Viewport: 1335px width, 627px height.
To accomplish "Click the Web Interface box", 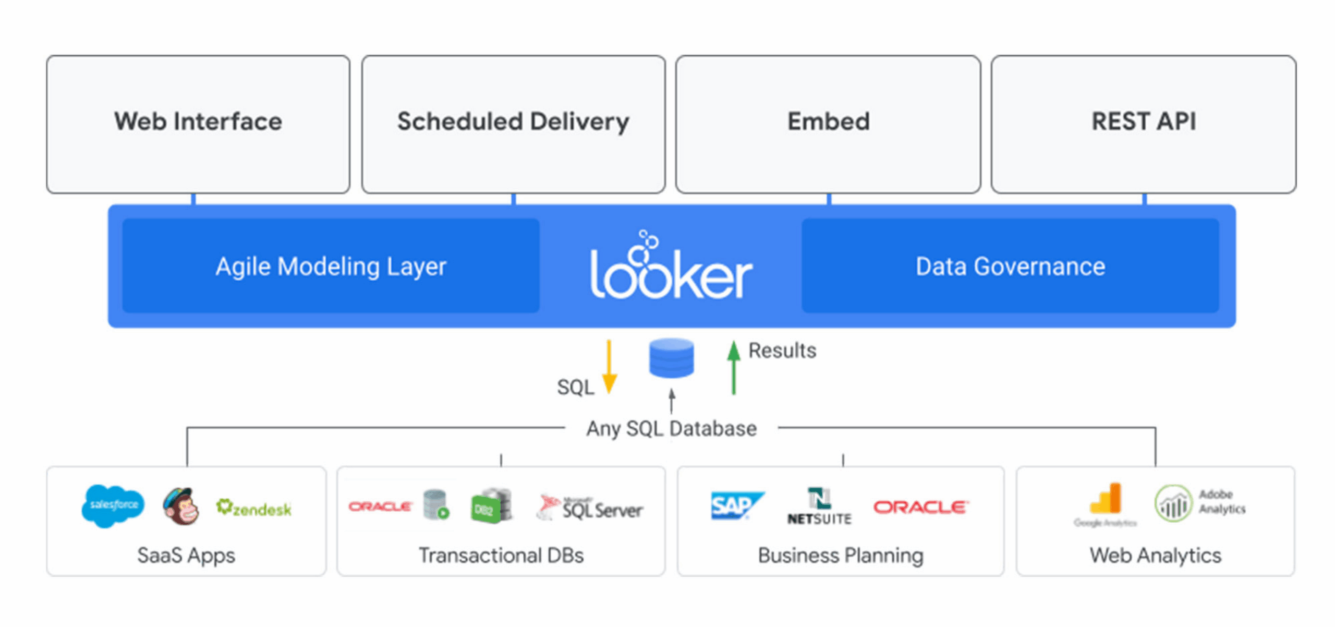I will pos(198,124).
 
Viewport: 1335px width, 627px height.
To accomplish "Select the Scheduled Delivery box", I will pos(513,124).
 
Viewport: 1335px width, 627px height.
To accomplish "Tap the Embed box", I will pos(828,124).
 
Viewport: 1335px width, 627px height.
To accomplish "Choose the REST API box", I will pos(1143,124).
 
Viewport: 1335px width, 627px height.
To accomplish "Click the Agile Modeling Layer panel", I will pos(331,266).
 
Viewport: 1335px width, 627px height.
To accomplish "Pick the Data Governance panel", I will pos(1010,266).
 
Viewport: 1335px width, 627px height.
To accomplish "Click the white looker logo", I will pos(671,269).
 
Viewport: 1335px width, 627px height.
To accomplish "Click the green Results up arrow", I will pos(733,367).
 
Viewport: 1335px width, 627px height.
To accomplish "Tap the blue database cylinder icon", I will pos(671,358).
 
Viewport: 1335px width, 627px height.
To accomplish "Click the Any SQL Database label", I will pos(671,429).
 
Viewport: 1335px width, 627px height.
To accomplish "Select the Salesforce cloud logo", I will pos(113,505).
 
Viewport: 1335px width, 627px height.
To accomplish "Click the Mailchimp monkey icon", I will pos(181,507).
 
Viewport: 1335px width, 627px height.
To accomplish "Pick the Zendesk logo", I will pos(254,508).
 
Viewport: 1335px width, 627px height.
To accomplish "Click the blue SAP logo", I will pos(736,505).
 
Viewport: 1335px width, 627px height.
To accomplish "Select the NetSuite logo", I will pos(819,506).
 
